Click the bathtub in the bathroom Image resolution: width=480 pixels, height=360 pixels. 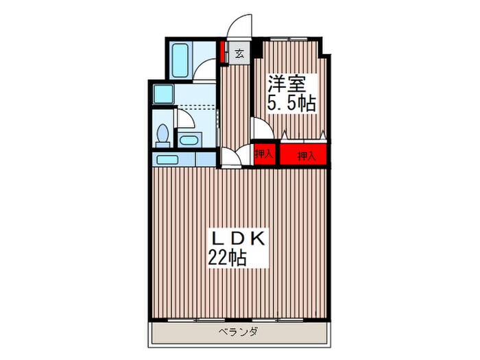click(x=180, y=61)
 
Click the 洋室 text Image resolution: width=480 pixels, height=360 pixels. click(x=286, y=84)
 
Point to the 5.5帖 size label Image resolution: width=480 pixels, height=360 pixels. click(x=291, y=104)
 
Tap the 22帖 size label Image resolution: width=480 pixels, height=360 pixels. click(x=228, y=259)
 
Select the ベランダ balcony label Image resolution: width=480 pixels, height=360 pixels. click(x=239, y=332)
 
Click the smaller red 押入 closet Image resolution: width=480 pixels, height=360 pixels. click(x=265, y=154)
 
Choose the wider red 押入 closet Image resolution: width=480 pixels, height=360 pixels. click(x=304, y=156)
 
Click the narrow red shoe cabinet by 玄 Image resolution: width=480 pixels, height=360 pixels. click(x=223, y=53)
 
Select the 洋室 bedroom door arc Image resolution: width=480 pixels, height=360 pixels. click(x=259, y=128)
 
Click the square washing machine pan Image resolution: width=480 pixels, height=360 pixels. click(x=164, y=94)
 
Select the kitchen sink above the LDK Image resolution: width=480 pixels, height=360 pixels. click(x=167, y=160)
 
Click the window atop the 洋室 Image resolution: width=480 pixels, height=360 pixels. click(x=288, y=38)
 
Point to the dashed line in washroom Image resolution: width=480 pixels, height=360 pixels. click(x=196, y=106)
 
